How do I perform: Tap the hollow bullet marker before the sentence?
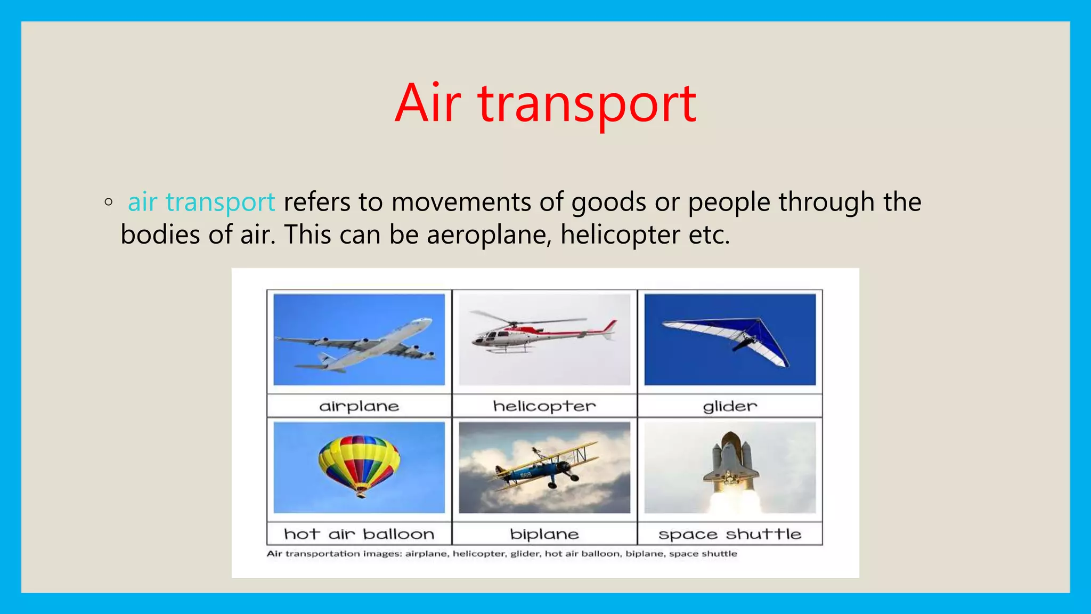[x=109, y=202]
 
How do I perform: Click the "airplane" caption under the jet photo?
[x=359, y=406]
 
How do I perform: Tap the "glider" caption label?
[x=729, y=406]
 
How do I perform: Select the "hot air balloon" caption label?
[x=359, y=534]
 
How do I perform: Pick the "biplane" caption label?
[x=544, y=534]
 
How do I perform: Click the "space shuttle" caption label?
[x=729, y=534]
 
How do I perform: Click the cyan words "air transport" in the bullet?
[x=201, y=203]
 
